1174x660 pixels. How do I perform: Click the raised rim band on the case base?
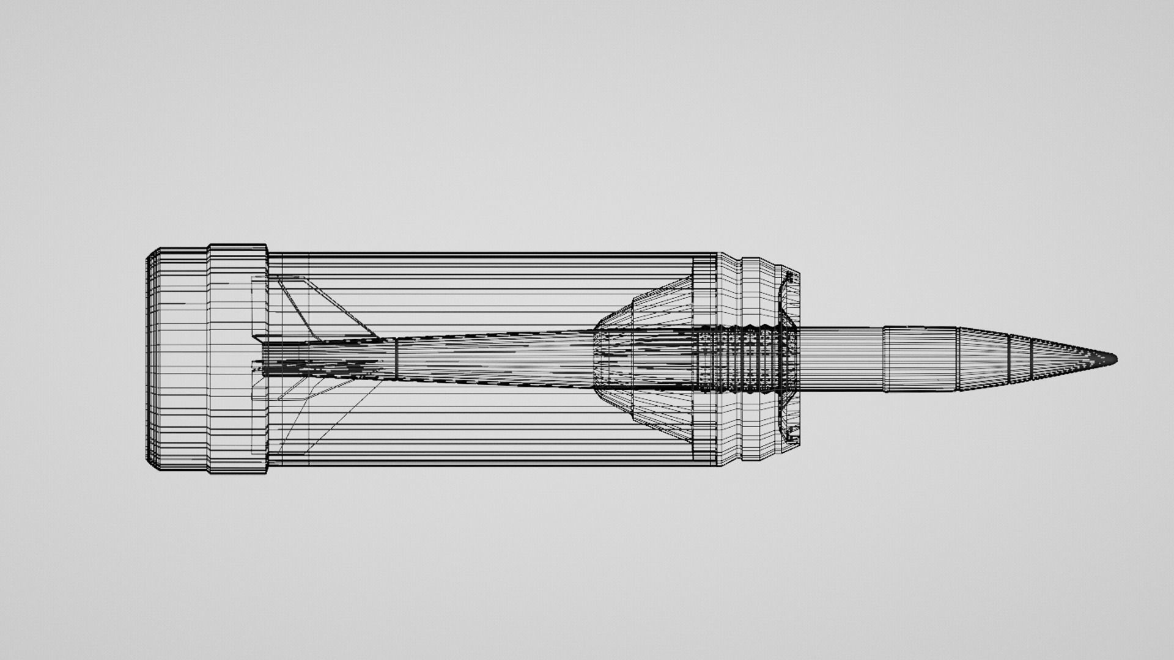(237, 359)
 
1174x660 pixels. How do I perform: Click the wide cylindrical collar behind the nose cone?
(920, 359)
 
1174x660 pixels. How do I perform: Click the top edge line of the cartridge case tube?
(489, 253)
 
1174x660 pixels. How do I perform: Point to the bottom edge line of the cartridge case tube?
(489, 466)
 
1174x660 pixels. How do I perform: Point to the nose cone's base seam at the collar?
(957, 359)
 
